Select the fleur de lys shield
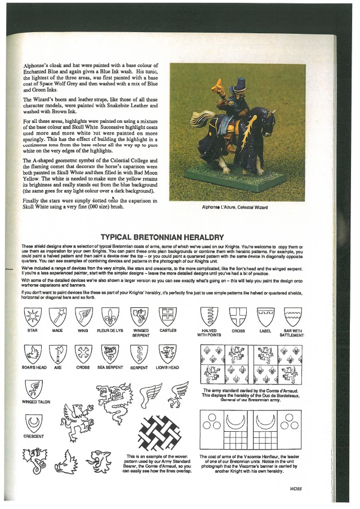(109, 316)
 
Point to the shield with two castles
(168, 316)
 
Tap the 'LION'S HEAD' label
(167, 368)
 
